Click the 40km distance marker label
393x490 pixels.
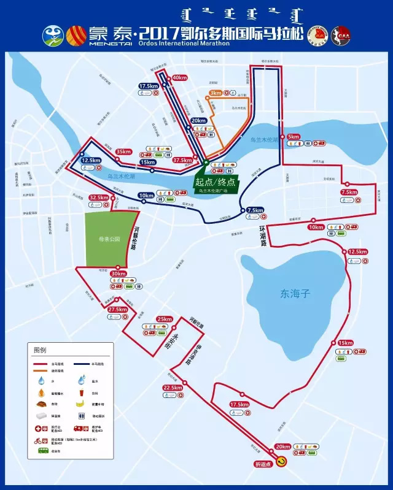point(180,78)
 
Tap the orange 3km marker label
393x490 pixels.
point(216,93)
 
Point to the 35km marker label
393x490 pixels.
point(123,151)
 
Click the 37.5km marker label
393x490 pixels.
point(182,160)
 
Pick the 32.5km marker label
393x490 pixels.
point(98,197)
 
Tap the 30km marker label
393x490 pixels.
point(119,274)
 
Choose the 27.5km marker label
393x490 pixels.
point(117,310)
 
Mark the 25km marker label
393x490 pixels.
point(165,319)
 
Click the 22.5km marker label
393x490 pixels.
point(172,388)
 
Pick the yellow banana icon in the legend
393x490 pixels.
point(79,404)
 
